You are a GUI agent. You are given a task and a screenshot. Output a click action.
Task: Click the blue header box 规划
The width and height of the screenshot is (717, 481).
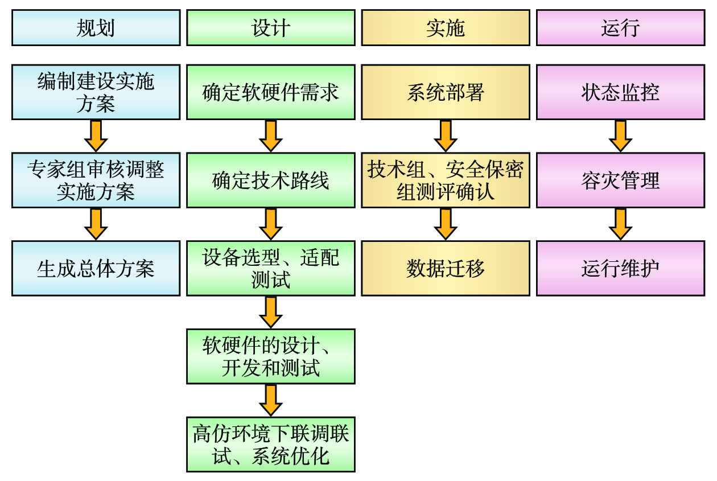point(96,28)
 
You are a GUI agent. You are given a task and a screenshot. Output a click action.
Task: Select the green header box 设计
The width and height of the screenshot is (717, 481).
point(271,28)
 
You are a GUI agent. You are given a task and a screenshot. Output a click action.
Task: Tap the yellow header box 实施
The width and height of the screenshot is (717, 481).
point(446,28)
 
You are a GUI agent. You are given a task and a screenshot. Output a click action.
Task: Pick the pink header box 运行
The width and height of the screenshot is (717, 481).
point(620,28)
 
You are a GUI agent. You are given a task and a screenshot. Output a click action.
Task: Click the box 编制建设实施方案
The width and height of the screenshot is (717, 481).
point(96,92)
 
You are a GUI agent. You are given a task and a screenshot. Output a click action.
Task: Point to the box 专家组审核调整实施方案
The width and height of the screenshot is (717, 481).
point(96,180)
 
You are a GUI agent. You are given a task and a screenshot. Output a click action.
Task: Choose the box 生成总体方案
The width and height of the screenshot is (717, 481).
point(96,268)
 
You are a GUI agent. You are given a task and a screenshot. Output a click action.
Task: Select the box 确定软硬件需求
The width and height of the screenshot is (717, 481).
point(271,92)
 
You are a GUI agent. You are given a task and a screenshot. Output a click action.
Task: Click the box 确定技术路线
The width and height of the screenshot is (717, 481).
point(271,180)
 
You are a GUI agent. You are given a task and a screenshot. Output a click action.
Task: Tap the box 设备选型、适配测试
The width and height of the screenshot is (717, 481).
point(271,268)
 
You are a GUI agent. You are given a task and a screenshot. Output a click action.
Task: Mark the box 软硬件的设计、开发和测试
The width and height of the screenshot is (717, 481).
point(271,356)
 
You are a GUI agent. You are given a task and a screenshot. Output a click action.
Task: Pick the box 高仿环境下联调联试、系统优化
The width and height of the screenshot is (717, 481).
point(271,445)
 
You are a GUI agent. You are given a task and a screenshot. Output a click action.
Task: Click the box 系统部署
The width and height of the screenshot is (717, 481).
point(446,92)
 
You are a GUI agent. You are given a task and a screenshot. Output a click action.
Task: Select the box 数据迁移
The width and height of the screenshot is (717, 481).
point(446,268)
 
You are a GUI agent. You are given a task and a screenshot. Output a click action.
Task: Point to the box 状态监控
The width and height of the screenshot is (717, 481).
point(620,92)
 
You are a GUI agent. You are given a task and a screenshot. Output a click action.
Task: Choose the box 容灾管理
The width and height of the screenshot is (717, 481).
point(620,180)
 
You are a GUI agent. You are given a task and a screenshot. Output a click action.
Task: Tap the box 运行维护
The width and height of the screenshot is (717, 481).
point(620,268)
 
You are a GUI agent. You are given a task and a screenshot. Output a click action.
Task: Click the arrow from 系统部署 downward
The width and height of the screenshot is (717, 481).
point(446,136)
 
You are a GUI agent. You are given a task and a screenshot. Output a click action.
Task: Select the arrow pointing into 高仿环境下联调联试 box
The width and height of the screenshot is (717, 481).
point(271,400)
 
